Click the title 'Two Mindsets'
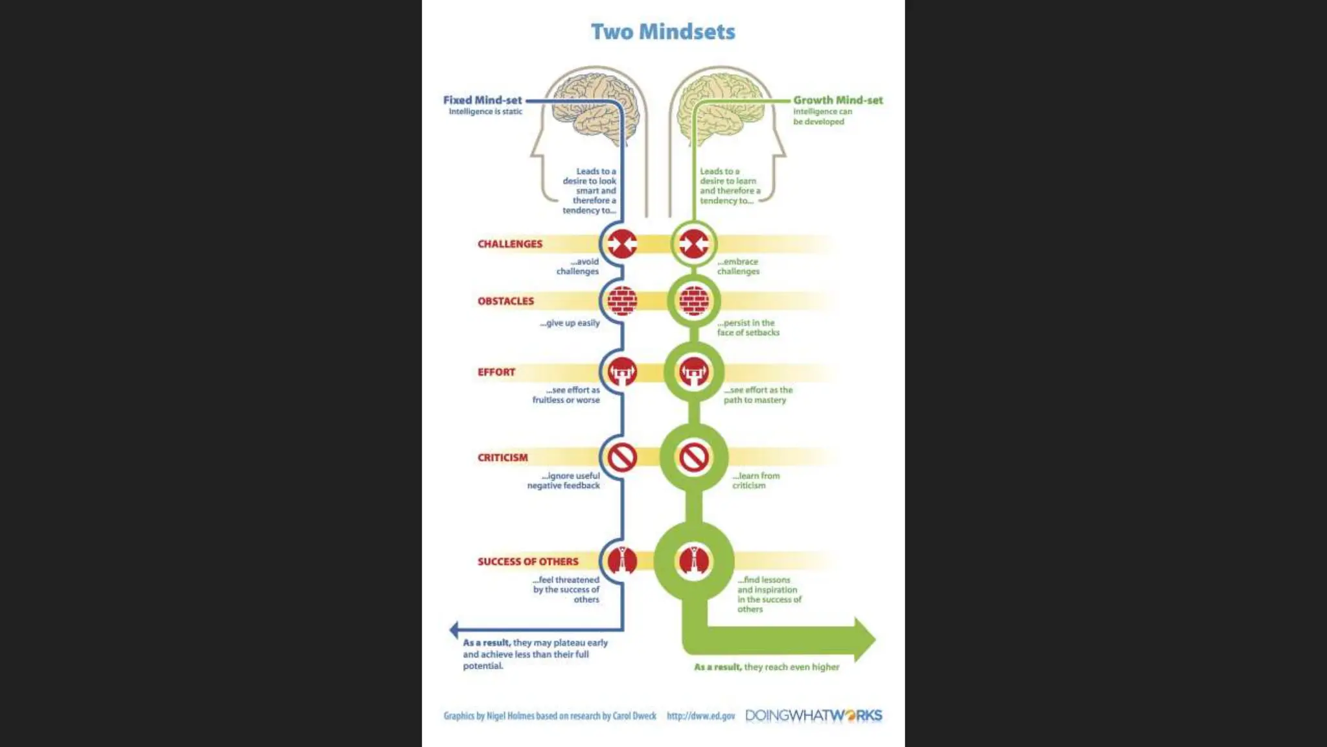pos(663,32)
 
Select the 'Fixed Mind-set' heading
pos(482,100)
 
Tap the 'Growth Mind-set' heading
pos(838,100)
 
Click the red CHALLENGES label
pos(510,244)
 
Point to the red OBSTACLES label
pos(505,301)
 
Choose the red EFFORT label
pos(496,372)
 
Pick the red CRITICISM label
pos(503,457)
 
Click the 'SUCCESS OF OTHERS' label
pos(528,562)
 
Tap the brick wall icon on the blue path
pos(622,301)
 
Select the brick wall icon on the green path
pos(694,301)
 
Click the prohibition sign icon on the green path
pos(694,457)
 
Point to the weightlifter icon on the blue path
pos(622,372)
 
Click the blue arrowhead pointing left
pos(454,629)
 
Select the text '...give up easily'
pos(570,323)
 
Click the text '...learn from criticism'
pos(756,480)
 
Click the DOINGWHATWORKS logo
pos(814,716)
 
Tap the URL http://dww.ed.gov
pos(700,716)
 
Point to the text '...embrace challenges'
pos(738,267)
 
